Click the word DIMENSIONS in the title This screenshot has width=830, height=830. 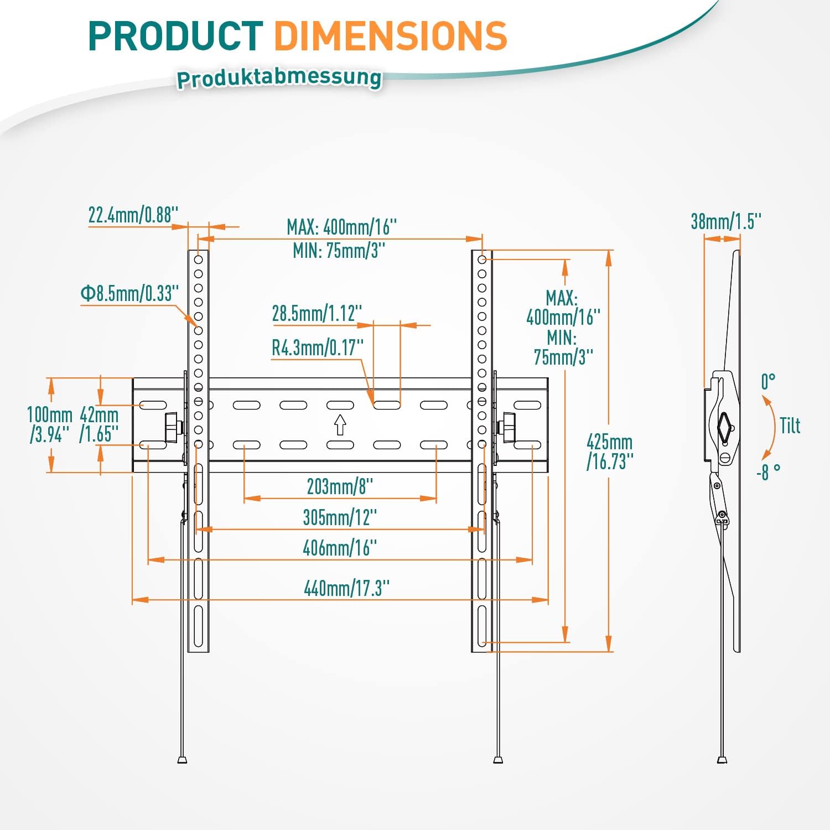(390, 37)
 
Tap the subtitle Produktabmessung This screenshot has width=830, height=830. (279, 78)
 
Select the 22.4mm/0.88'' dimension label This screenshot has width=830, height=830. (133, 215)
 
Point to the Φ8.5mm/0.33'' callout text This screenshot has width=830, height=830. (130, 293)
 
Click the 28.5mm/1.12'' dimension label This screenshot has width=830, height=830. (317, 313)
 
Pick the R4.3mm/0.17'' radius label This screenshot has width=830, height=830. (318, 348)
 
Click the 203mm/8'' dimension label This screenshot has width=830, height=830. (340, 486)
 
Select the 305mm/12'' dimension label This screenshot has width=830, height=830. (340, 517)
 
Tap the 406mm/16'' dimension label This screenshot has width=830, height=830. (340, 548)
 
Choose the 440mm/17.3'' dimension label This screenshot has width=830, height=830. (346, 588)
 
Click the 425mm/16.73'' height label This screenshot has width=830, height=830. (610, 452)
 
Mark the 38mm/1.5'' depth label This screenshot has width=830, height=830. (726, 221)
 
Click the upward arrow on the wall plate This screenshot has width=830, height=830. (340, 424)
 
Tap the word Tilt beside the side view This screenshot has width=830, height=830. (790, 426)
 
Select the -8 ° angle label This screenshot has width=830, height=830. (768, 472)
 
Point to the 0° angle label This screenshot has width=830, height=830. (768, 381)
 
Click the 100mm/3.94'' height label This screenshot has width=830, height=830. (50, 424)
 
